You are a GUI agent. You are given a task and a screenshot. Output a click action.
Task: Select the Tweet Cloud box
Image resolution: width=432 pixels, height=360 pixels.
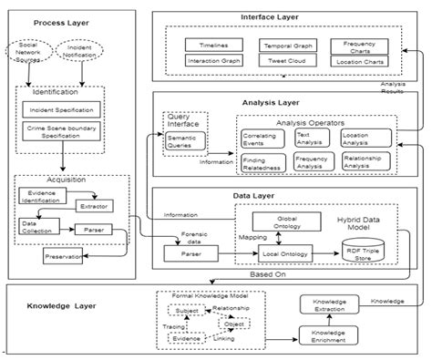tap(288, 61)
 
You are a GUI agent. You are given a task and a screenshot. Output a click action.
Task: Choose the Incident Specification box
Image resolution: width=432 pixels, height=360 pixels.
tap(63, 109)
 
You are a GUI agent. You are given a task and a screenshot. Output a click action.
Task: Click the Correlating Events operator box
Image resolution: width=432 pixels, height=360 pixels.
tap(262, 139)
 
